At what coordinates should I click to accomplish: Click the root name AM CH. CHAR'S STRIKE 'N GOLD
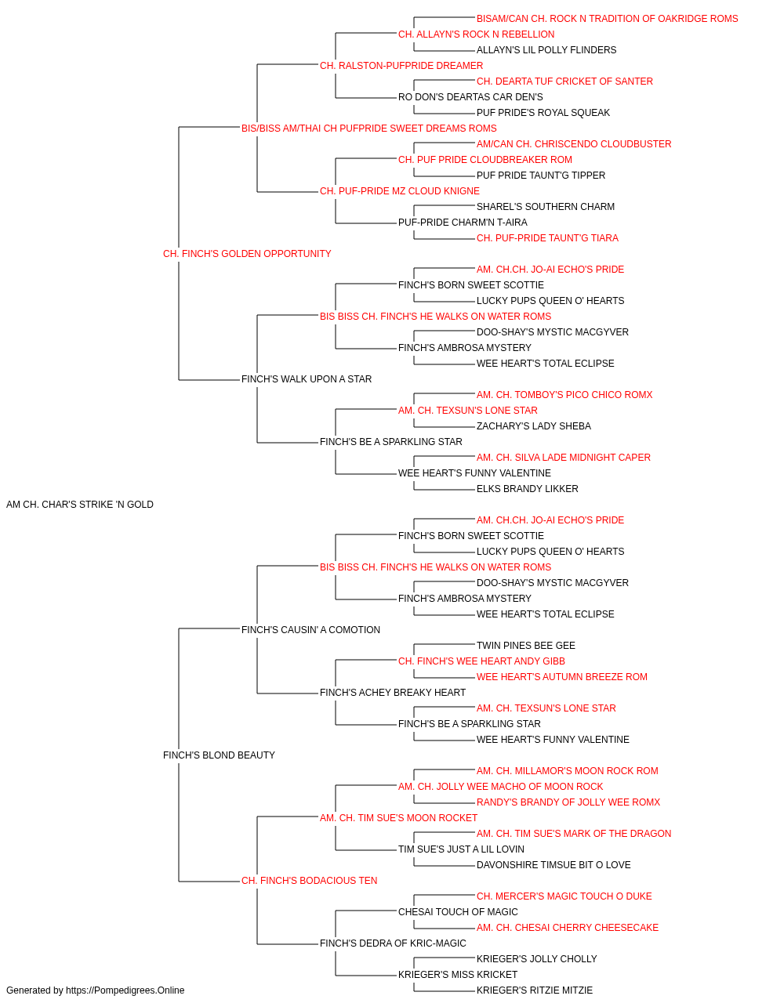pos(80,505)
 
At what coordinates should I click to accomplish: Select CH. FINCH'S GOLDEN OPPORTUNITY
pos(247,254)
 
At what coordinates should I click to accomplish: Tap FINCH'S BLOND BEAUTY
pos(219,755)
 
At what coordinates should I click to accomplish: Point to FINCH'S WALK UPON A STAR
pos(307,379)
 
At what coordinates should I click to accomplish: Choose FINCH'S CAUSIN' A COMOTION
pos(310,630)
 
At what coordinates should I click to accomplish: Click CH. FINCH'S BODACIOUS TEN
pos(310,881)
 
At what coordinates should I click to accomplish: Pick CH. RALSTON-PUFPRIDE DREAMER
pos(401,66)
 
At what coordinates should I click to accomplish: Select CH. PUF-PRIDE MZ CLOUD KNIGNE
pos(400,191)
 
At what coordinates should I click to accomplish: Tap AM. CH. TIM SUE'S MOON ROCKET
pos(398,818)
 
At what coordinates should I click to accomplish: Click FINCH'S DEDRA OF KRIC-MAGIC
pos(393,943)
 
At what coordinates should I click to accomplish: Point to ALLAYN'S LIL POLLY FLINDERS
pos(546,50)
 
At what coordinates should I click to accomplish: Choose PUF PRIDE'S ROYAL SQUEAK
pos(543,113)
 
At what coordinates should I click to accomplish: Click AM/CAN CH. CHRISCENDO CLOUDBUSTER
pos(574,144)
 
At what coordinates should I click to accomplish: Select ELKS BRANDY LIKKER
pos(528,489)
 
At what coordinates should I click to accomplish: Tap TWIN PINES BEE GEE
pos(526,646)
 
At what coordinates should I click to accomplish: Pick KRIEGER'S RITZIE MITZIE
pos(535,990)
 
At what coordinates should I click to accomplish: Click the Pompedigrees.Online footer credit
pos(95,990)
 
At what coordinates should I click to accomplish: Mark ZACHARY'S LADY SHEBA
pos(534,426)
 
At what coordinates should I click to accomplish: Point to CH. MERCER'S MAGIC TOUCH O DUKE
pos(564,896)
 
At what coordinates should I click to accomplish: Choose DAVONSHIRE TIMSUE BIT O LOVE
pos(554,865)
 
